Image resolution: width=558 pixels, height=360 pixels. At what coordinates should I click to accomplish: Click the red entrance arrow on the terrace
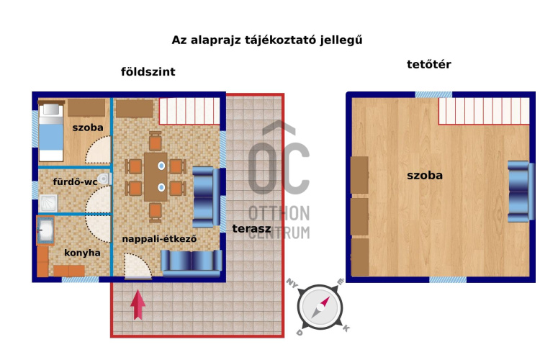coord(138,305)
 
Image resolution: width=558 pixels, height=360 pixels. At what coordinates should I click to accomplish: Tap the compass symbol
coord(320,307)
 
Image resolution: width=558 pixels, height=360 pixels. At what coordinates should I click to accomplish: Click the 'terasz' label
coord(251,228)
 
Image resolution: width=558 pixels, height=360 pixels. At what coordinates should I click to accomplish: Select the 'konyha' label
coord(82,253)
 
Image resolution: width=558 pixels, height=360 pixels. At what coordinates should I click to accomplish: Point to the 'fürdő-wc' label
coord(75,181)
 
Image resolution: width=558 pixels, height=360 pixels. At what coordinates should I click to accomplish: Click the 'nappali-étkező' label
coord(159,239)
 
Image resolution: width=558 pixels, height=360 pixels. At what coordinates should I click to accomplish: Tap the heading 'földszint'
coord(148,71)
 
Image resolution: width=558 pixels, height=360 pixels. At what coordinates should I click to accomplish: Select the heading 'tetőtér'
coord(429,64)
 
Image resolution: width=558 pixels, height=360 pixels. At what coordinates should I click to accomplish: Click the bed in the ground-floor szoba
coord(51,132)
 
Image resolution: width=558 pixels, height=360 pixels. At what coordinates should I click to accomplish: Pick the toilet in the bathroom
coord(104,179)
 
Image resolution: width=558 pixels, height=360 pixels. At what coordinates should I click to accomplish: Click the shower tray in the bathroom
coord(48,203)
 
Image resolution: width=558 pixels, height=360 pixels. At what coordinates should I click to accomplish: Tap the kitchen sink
coord(45,230)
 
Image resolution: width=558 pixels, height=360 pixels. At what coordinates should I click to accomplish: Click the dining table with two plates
coord(156,177)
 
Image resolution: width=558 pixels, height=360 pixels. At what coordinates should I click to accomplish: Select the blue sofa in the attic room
coord(521,192)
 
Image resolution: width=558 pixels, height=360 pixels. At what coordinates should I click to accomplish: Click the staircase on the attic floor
coord(484,111)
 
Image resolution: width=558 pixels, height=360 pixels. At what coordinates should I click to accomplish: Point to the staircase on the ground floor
coord(189,111)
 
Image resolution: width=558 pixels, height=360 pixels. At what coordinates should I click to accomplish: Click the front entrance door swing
coord(138,266)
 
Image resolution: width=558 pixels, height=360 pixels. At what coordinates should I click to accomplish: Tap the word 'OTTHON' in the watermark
coord(279,213)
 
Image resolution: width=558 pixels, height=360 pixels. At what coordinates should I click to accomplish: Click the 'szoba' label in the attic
coord(425,175)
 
